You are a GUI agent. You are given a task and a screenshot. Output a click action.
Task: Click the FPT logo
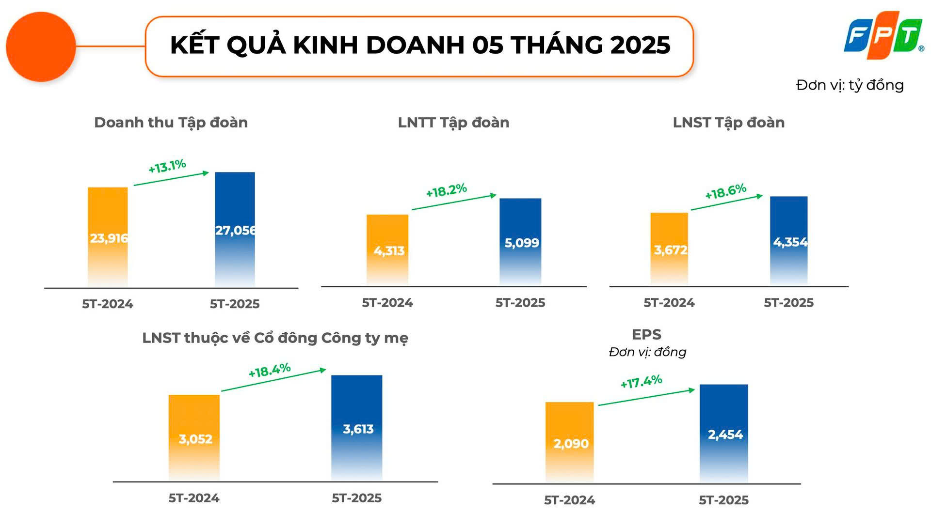pyautogui.click(x=883, y=35)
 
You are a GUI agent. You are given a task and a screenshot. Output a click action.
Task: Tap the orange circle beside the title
pyautogui.click(x=41, y=47)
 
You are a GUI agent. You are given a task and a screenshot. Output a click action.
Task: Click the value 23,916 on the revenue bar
pyautogui.click(x=109, y=238)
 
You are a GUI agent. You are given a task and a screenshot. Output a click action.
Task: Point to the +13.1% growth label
pyautogui.click(x=167, y=166)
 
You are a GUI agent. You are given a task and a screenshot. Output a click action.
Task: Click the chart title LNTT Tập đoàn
pyautogui.click(x=453, y=123)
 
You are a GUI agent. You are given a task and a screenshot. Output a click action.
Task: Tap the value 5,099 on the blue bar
pyautogui.click(x=521, y=243)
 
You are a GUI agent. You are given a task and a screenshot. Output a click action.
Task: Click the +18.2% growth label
pyautogui.click(x=446, y=190)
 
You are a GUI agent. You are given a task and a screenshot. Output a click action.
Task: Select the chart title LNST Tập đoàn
pyautogui.click(x=728, y=123)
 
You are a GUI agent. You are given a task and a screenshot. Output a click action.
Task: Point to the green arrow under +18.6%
pyautogui.click(x=726, y=202)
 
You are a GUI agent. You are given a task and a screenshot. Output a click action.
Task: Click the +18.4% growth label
pyautogui.click(x=269, y=371)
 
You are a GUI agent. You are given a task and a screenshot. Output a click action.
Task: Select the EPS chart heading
pyautogui.click(x=646, y=335)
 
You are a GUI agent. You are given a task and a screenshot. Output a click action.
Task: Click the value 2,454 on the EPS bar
pyautogui.click(x=725, y=434)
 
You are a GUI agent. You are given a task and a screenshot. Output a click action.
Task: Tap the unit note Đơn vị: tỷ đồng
pyautogui.click(x=850, y=85)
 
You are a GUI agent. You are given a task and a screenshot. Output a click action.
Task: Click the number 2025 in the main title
pyautogui.click(x=640, y=45)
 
